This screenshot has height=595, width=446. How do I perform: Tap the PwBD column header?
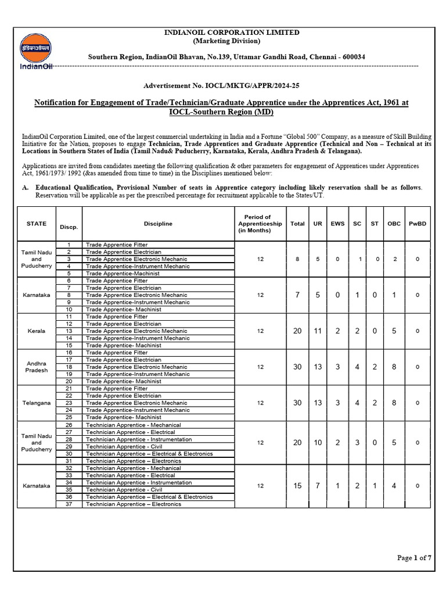[x=418, y=224]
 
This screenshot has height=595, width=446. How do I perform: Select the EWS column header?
[x=337, y=224]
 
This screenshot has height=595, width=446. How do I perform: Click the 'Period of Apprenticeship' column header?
[x=260, y=224]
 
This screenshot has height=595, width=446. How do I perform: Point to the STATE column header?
[x=37, y=224]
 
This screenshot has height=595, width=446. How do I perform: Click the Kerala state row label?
[x=37, y=331]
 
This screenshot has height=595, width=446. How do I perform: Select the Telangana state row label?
[x=37, y=403]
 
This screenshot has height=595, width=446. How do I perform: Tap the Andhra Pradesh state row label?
[x=37, y=367]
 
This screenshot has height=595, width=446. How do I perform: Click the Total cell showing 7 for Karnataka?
[x=297, y=295]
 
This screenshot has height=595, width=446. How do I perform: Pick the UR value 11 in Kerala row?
[x=318, y=331]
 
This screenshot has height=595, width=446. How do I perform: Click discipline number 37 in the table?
[x=69, y=504]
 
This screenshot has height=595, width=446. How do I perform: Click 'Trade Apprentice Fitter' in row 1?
[x=117, y=245]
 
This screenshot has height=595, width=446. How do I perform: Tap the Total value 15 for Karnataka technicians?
[x=297, y=486]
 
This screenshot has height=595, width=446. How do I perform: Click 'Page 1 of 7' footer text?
[x=414, y=558]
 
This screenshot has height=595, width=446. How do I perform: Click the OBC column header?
[x=394, y=224]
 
